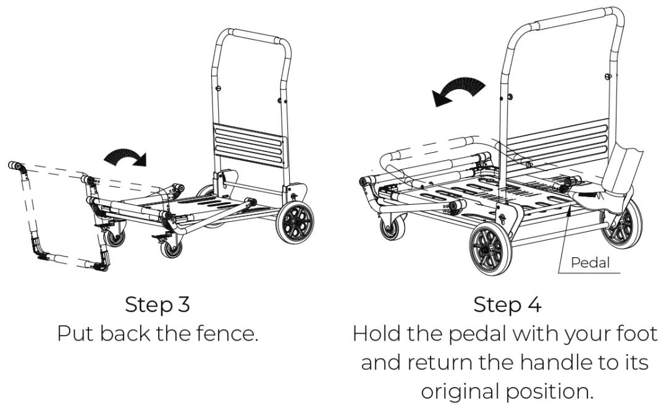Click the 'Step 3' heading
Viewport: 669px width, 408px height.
tap(158, 305)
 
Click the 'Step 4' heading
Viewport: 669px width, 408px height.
tap(507, 305)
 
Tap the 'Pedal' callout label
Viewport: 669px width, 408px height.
tap(590, 263)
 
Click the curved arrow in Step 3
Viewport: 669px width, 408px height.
tap(126, 157)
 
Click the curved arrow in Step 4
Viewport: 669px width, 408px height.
tap(458, 91)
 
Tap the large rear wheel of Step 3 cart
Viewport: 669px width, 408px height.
tap(295, 222)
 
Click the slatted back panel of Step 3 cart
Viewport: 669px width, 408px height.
tap(250, 145)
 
